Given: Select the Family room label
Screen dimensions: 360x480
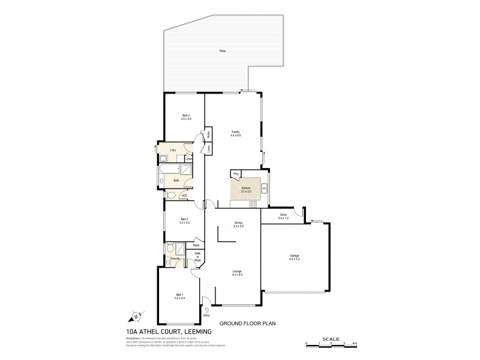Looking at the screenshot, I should (235, 133).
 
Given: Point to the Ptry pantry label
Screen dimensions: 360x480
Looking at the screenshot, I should (236, 175).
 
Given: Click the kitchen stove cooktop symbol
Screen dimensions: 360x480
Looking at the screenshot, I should (253, 204).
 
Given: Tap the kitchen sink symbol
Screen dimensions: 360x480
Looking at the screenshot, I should (263, 188).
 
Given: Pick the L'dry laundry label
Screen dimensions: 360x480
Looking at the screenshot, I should (172, 151).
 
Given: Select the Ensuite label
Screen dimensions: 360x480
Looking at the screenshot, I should (175, 259).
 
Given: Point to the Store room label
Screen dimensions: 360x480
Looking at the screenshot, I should (283, 215).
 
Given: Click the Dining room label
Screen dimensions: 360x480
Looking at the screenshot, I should (238, 224).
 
